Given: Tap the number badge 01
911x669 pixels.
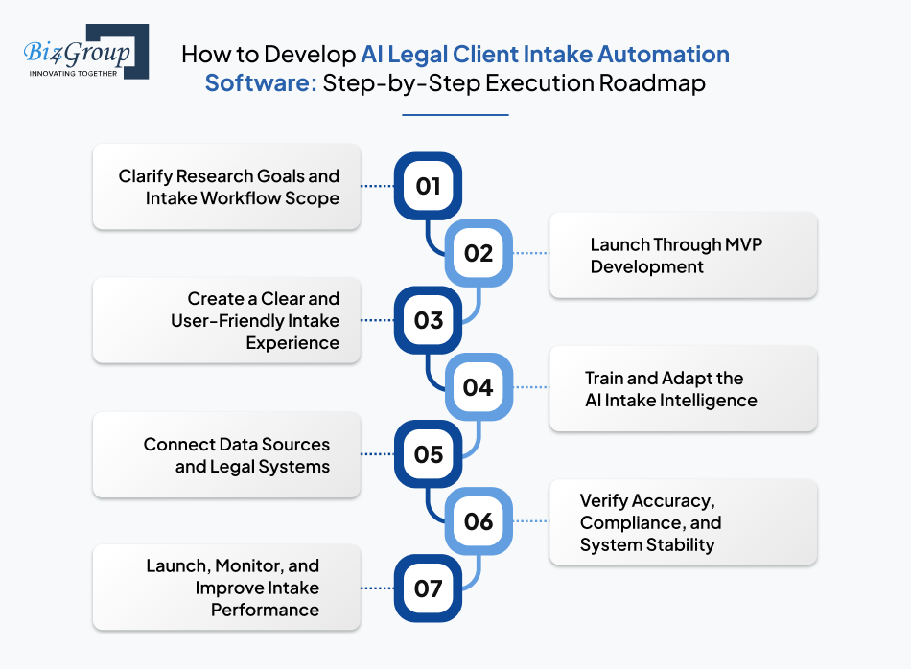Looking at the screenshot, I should tap(428, 186).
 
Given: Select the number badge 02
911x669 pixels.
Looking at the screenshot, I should tap(478, 253).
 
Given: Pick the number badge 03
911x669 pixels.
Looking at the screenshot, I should tap(428, 320).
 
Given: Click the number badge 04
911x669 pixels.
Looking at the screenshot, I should tap(478, 387).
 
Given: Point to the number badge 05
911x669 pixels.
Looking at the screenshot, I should tap(428, 454).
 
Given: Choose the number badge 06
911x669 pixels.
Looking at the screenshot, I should tap(478, 521).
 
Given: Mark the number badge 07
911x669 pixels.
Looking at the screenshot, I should tap(428, 588).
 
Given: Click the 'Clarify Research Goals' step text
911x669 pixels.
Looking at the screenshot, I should tap(228, 187).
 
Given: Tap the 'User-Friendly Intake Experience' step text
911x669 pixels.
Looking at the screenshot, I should tap(255, 320).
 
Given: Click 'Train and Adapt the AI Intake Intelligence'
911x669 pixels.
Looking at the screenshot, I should tap(670, 389).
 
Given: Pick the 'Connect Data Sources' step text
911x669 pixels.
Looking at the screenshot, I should tap(236, 455).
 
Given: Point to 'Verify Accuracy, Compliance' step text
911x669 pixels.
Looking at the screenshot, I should tap(650, 522).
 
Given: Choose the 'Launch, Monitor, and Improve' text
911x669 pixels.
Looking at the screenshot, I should tap(233, 588).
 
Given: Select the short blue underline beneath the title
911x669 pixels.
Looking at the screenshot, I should tap(455, 115).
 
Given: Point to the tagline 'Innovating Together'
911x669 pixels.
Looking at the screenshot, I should tap(73, 72).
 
